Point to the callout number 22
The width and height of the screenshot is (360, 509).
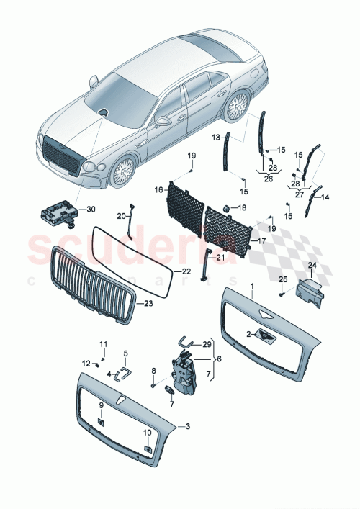pos(186,271)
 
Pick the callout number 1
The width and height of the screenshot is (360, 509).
pos(252,286)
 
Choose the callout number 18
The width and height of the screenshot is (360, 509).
pos(242,207)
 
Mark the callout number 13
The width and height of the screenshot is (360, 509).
pos(215,137)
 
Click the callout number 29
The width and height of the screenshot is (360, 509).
pos(207,345)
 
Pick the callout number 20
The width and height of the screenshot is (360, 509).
pos(122,215)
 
